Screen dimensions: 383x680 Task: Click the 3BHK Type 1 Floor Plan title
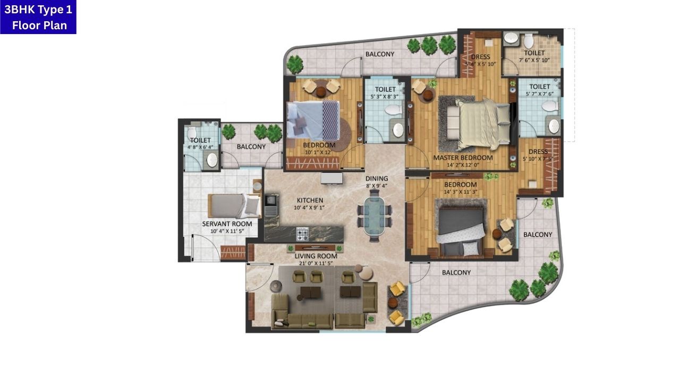pos(38,17)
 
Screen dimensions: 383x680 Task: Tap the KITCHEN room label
pos(310,201)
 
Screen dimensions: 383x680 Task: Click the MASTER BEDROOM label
pos(463,157)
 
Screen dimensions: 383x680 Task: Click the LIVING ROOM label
pos(316,256)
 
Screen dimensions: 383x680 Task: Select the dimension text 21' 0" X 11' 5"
pos(316,263)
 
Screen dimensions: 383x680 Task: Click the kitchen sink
pos(271,201)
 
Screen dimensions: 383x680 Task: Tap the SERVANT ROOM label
pos(227,224)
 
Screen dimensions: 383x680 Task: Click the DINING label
pos(377,179)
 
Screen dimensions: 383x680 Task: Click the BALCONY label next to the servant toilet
pos(251,146)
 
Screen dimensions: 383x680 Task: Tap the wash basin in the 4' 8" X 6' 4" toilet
pos(212,160)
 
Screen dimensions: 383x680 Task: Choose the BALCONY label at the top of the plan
pos(380,54)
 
